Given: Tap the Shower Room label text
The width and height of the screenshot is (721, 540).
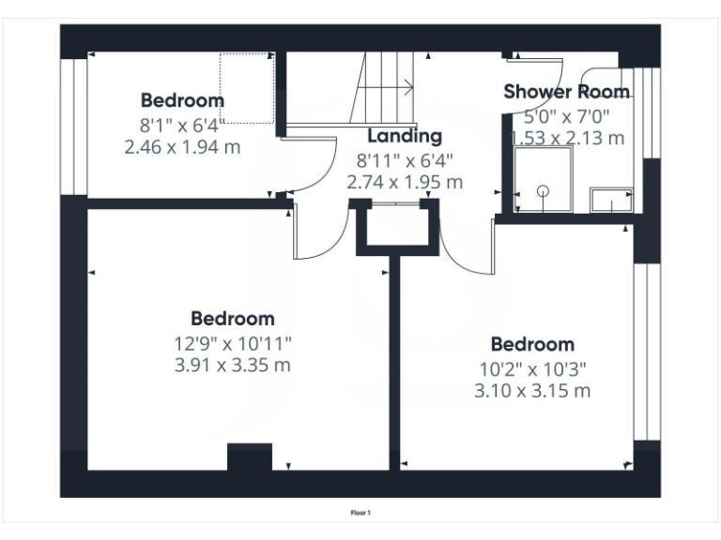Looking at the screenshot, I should pyautogui.click(x=566, y=92).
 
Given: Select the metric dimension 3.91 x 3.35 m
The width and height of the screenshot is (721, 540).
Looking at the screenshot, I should pyautogui.click(x=233, y=366).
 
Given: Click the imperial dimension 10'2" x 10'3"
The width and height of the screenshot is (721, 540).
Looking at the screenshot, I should pyautogui.click(x=532, y=367).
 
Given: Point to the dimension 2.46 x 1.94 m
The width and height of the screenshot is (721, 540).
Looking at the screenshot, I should pyautogui.click(x=182, y=146).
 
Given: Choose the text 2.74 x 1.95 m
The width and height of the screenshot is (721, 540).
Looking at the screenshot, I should pyautogui.click(x=405, y=183).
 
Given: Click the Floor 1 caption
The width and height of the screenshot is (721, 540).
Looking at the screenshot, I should pyautogui.click(x=360, y=513).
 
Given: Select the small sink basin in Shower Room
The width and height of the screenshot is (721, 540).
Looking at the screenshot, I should pyautogui.click(x=611, y=200).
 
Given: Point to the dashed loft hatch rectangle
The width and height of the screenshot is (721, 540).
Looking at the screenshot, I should pyautogui.click(x=247, y=88).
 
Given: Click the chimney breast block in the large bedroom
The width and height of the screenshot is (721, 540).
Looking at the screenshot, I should pyautogui.click(x=250, y=457).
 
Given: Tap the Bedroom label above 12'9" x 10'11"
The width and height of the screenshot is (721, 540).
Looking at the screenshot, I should pyautogui.click(x=233, y=319).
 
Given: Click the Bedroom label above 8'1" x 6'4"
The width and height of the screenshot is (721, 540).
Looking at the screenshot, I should pyautogui.click(x=182, y=100).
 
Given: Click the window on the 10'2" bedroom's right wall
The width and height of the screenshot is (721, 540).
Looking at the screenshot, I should pyautogui.click(x=647, y=352).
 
